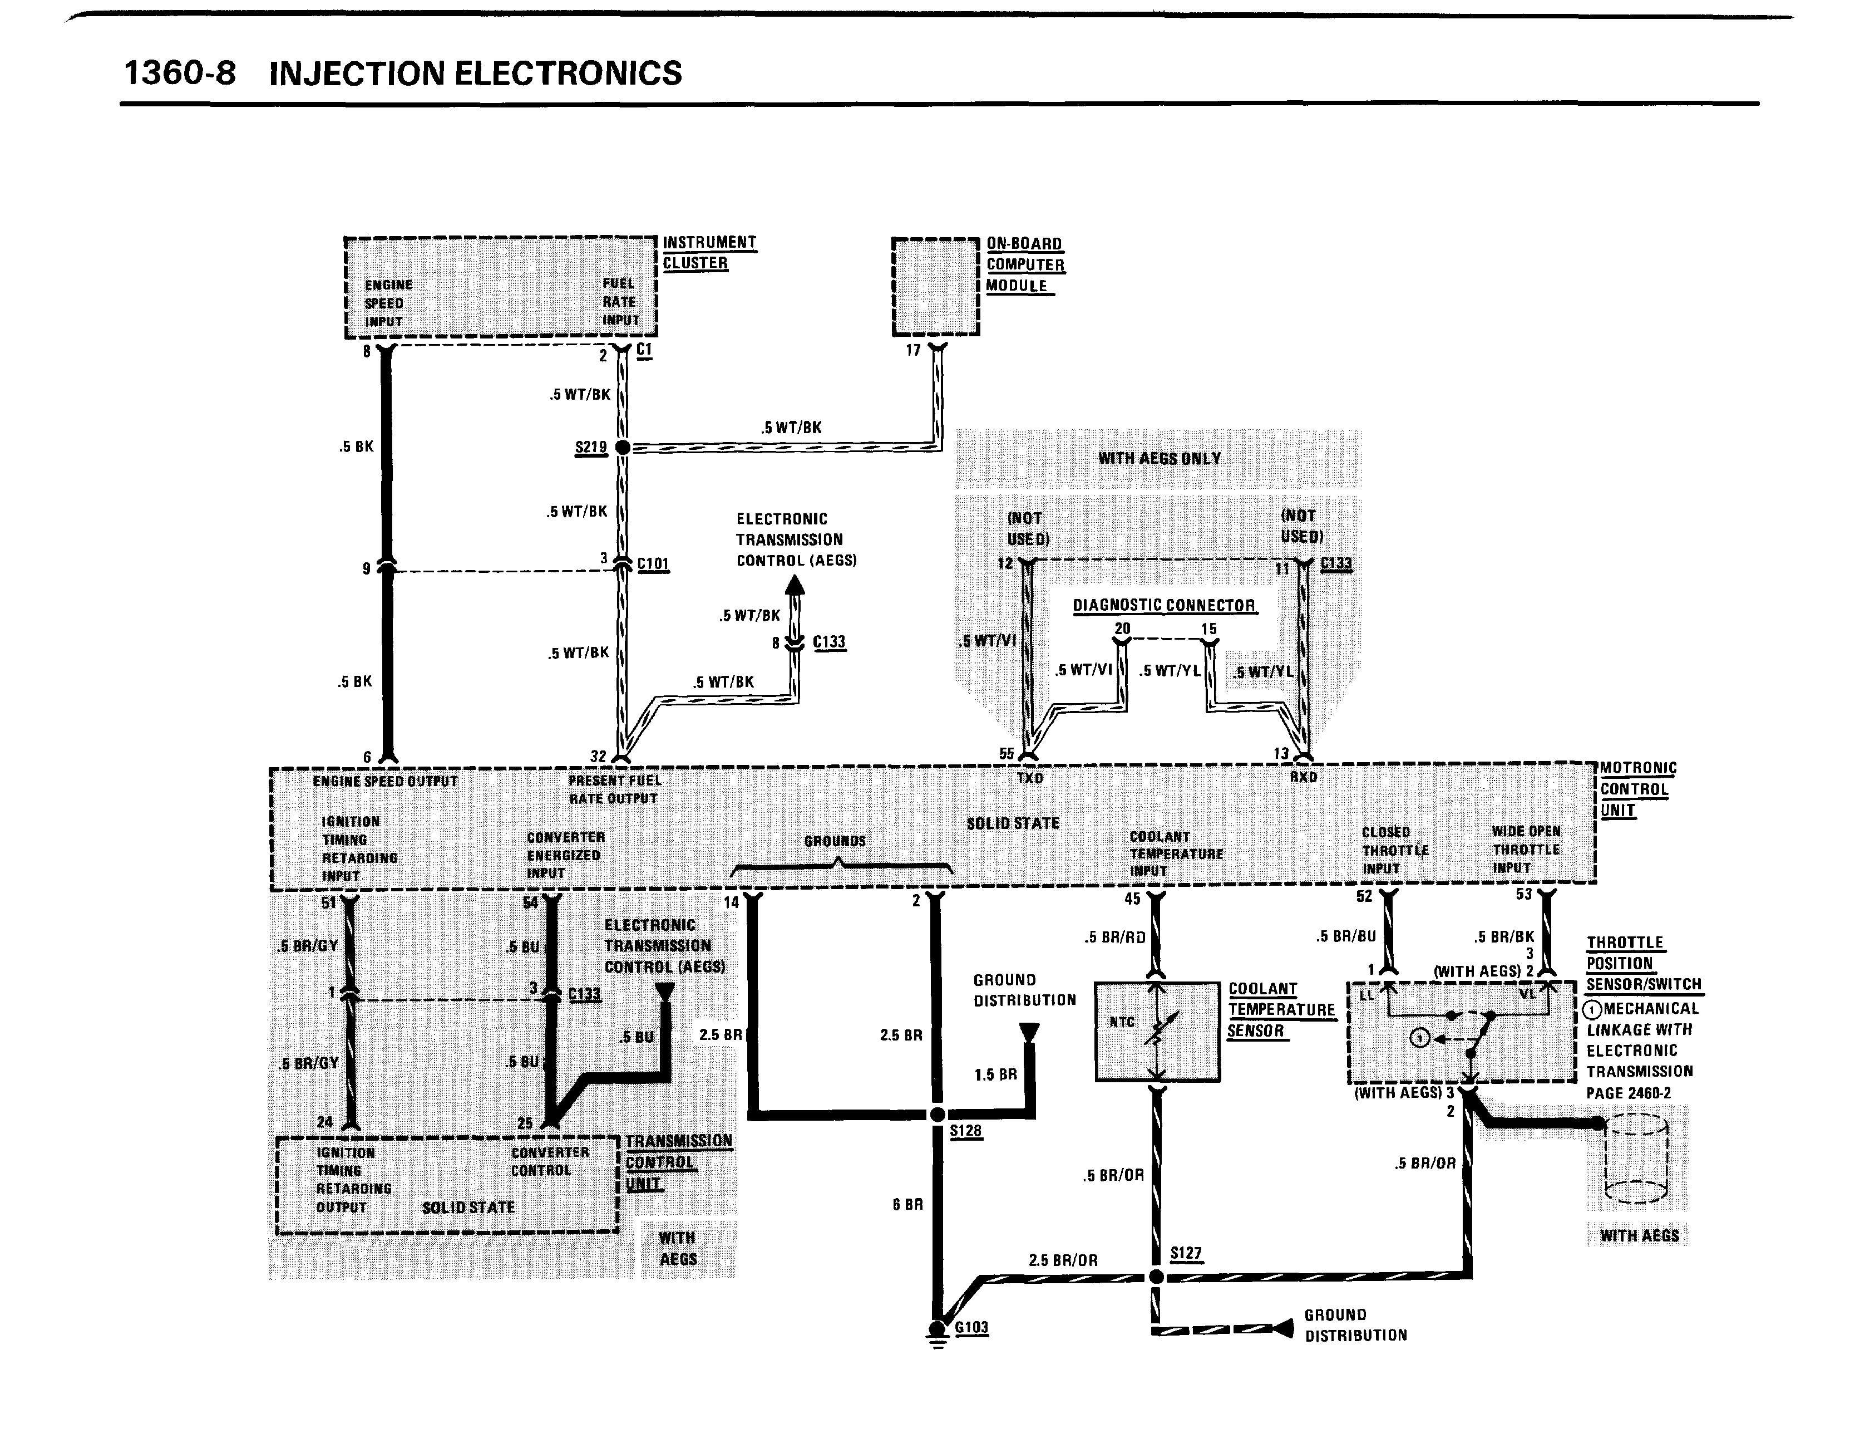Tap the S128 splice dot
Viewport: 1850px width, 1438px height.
coord(937,1115)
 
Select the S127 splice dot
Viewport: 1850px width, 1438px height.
coord(1156,1276)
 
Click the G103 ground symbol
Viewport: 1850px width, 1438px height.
coord(937,1329)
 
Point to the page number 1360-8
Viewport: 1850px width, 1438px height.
coord(180,73)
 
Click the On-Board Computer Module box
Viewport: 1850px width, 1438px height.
coord(935,286)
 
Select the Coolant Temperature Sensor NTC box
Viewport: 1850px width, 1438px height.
coord(1157,1031)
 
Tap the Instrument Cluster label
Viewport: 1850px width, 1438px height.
coord(708,253)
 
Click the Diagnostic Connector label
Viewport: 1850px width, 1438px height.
coord(1164,605)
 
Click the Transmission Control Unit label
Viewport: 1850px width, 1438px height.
coord(678,1162)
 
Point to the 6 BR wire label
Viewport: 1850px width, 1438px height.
coord(907,1204)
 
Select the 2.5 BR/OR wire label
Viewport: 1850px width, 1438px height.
coord(1063,1260)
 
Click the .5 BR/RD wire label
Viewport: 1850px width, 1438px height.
coord(1115,937)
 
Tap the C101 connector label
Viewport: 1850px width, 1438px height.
coord(653,563)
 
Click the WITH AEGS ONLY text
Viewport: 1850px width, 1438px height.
coord(1159,458)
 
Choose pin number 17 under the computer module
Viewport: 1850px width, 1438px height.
coord(913,350)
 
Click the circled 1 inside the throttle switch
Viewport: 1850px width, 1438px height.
coord(1420,1038)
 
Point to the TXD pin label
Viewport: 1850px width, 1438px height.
coord(1029,778)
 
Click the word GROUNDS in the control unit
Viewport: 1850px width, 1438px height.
coord(835,841)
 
